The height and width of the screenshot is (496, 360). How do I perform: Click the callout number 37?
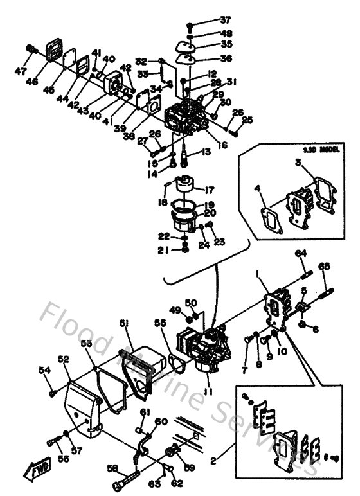[208, 20]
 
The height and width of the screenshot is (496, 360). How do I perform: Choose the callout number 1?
[258, 275]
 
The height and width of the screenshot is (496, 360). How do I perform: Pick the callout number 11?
[206, 392]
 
